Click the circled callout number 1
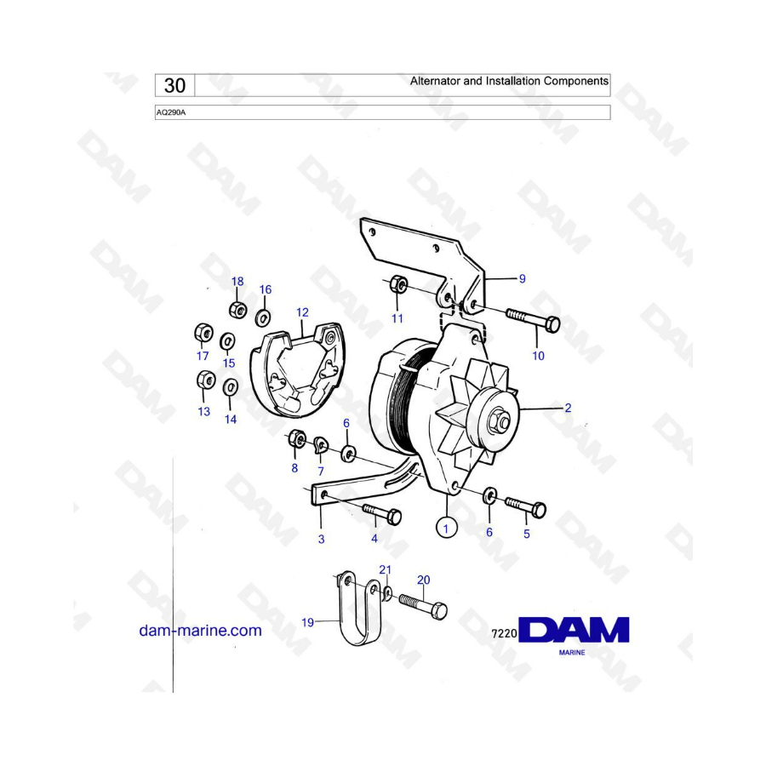(445, 528)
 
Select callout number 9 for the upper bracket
(523, 279)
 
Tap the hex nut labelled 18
(237, 310)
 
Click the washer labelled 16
(264, 318)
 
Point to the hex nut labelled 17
(203, 333)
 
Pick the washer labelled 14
(230, 388)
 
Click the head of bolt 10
(552, 324)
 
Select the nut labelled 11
(398, 284)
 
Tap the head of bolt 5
(539, 510)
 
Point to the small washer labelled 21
(387, 593)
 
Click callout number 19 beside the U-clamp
(308, 622)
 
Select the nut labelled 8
(296, 438)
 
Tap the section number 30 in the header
(174, 85)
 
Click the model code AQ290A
(171, 113)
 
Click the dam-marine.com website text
(200, 630)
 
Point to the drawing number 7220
(504, 633)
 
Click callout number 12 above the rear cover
(302, 312)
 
